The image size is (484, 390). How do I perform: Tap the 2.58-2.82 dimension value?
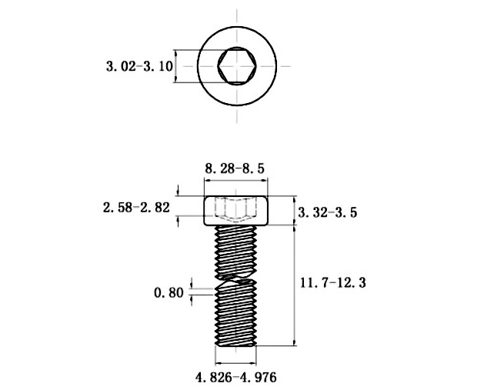[135, 207]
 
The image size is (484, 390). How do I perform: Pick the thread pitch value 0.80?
[169, 292]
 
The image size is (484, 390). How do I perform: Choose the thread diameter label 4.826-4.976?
[235, 377]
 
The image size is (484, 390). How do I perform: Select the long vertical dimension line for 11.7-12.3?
[294, 285]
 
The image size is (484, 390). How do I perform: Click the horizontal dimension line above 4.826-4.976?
[235, 362]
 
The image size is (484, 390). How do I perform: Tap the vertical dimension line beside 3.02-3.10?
[177, 67]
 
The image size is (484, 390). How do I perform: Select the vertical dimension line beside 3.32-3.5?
[294, 211]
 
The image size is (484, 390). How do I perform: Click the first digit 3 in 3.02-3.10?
[109, 67]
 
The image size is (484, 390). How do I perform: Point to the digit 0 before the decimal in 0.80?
[158, 292]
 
